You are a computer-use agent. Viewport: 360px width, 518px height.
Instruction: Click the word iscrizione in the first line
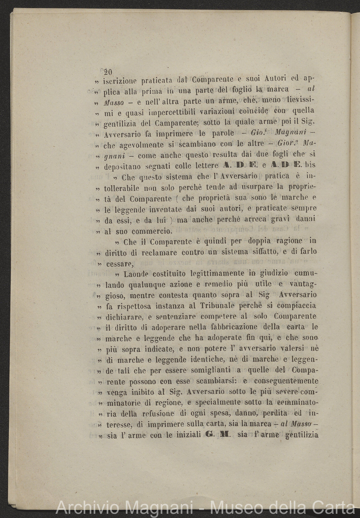coord(121,79)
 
